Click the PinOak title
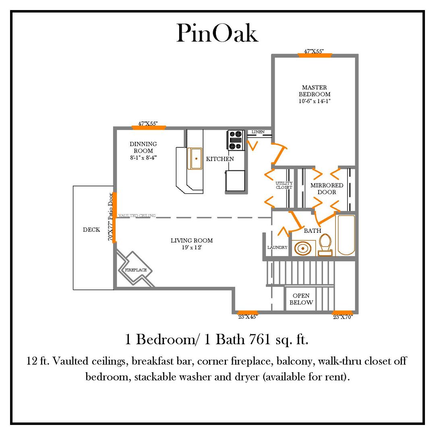tap(217, 34)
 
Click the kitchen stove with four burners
tap(236, 140)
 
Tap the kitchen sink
tap(196, 159)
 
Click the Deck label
tap(91, 230)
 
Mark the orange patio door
tap(114, 217)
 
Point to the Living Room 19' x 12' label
tap(192, 244)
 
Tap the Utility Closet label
tap(284, 185)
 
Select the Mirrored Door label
tap(327, 188)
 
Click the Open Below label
tap(301, 299)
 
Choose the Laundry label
tap(278, 247)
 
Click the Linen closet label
tap(258, 132)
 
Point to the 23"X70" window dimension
tap(343, 317)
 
